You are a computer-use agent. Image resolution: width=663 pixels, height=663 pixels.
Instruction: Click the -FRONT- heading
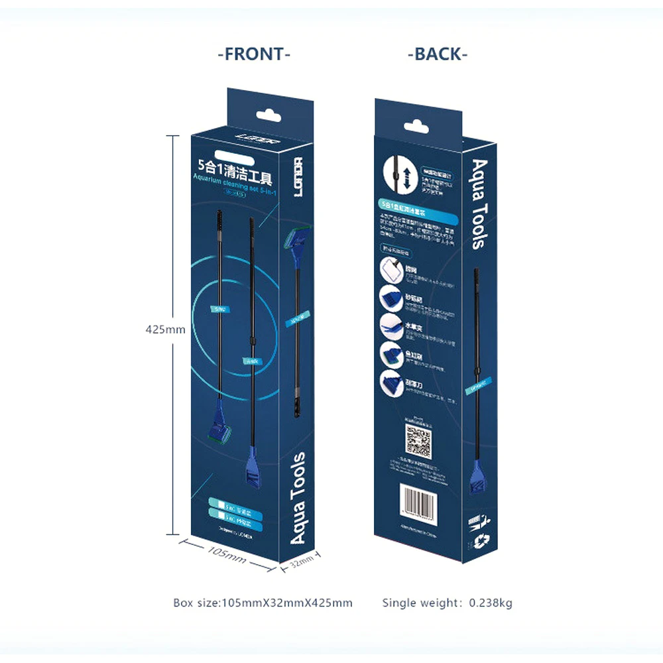coord(254,54)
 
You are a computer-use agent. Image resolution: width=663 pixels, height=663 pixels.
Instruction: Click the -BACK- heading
coord(438,54)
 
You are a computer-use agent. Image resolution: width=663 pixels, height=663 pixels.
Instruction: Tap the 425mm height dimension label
coord(165,330)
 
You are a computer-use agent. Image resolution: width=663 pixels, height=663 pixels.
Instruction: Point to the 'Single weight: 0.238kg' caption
coord(447,603)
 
